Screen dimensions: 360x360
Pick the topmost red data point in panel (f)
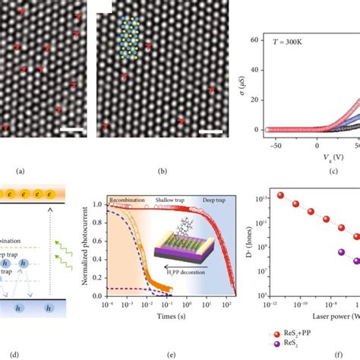coord(281,216)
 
